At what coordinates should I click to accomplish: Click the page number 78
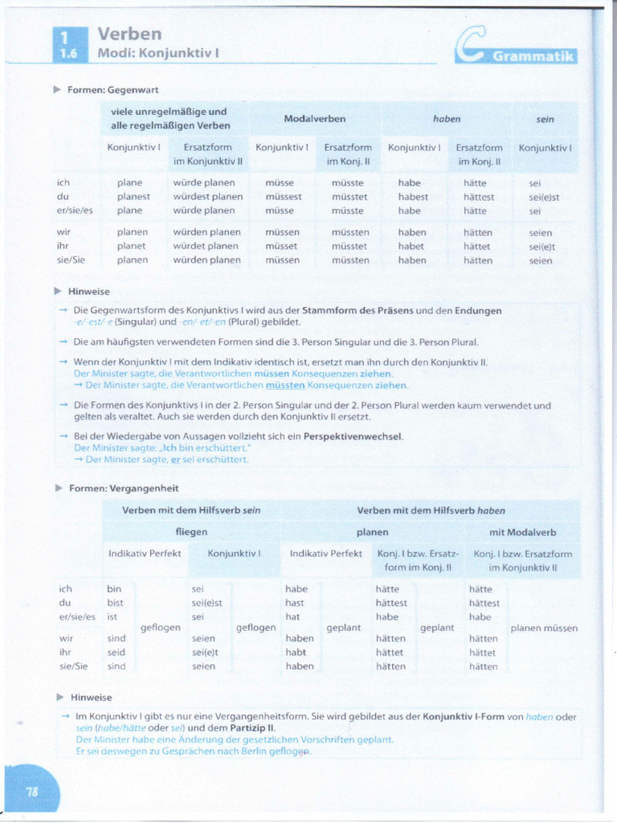coord(32,791)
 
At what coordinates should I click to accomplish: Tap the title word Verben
coord(129,34)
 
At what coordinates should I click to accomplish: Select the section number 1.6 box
coord(68,53)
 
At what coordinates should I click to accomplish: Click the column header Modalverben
coord(315,118)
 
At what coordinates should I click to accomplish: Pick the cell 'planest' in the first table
coord(133,196)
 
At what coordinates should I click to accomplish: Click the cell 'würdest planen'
coord(207,196)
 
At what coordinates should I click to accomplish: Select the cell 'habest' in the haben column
coord(413,196)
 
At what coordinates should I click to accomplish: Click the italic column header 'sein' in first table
coord(545,118)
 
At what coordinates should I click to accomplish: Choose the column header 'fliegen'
coord(191,531)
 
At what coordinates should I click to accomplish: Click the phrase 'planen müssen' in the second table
coord(544,628)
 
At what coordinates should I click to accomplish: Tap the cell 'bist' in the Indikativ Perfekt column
coord(116,602)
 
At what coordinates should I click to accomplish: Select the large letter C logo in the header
coord(468,50)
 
